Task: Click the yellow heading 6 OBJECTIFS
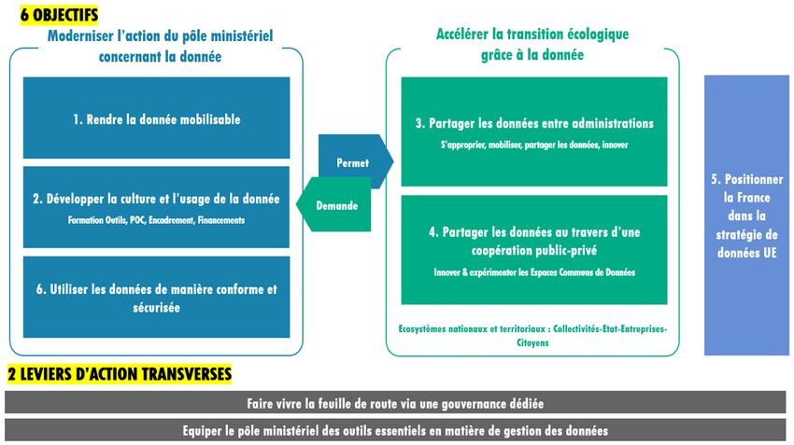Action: [x=59, y=15]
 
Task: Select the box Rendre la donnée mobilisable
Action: [x=157, y=118]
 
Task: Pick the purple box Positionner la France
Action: [x=746, y=215]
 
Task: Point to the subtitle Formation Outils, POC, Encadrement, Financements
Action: [x=157, y=220]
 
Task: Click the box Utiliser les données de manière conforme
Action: [x=157, y=297]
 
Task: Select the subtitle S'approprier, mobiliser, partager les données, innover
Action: [x=534, y=146]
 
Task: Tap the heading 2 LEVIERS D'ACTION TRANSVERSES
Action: [x=120, y=374]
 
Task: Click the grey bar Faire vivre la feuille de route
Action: [x=395, y=404]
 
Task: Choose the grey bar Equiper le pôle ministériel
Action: [x=395, y=430]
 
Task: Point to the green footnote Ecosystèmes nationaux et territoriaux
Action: [x=532, y=336]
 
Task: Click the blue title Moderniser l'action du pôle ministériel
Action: [x=160, y=46]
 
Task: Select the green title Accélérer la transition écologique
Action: [x=532, y=45]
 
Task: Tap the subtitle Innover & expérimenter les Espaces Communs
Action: [x=534, y=272]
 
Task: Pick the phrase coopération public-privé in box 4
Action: [x=534, y=251]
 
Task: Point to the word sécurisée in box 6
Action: [x=157, y=308]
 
